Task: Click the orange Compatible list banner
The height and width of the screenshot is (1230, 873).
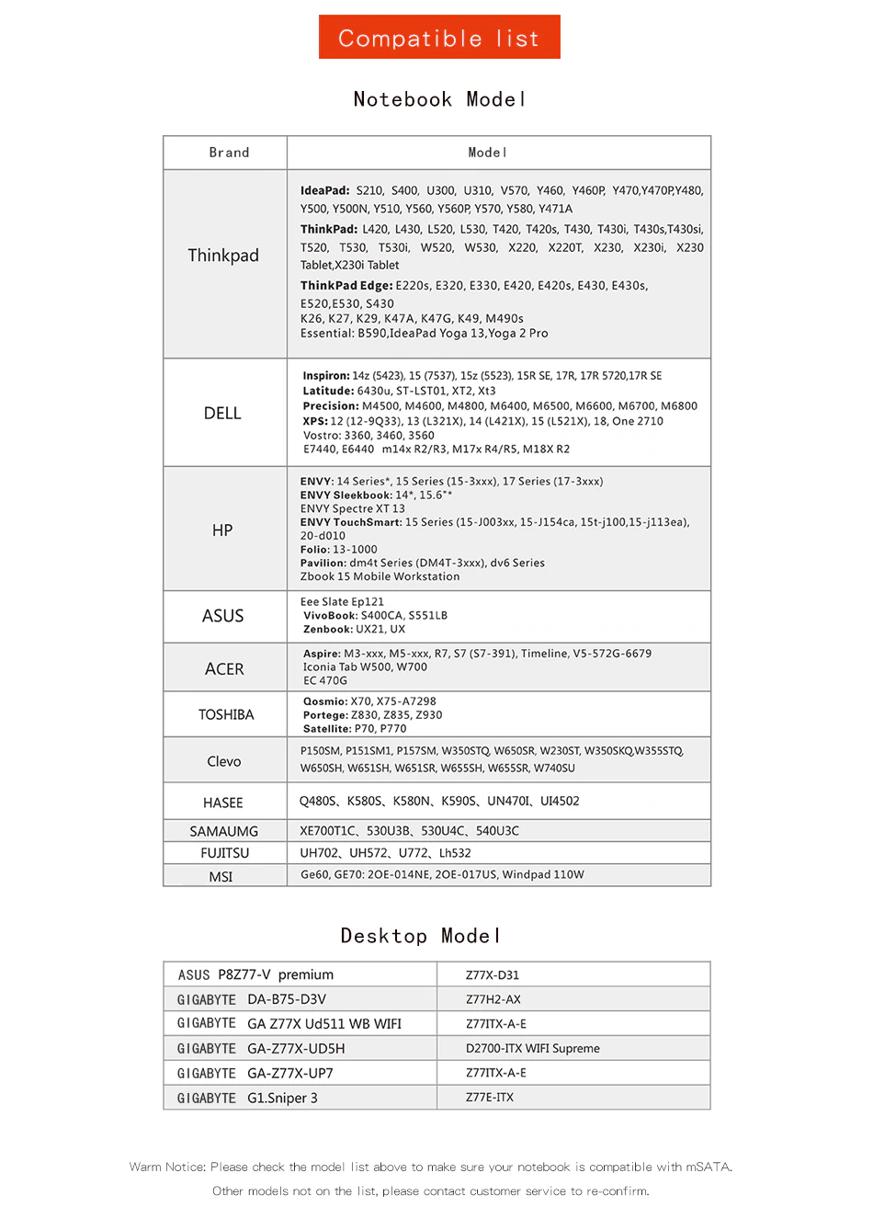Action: coord(439,38)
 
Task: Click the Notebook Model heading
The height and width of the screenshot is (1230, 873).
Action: coord(439,99)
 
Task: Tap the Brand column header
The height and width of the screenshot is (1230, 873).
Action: coord(229,153)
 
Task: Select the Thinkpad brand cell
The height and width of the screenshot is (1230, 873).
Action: coord(223,256)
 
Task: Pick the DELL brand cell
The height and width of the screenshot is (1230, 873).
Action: coord(222,414)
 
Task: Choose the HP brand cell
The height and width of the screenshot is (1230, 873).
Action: coord(222,530)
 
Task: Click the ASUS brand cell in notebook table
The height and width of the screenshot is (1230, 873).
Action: coord(223,616)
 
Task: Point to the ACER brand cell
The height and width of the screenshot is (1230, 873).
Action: coord(224,669)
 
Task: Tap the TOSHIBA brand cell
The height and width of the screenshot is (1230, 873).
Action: coord(226,714)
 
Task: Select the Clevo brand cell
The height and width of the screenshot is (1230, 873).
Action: coord(224,761)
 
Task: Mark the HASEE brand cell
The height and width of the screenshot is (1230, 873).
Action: coord(223,803)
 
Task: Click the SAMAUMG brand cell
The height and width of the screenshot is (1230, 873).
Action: coord(224,831)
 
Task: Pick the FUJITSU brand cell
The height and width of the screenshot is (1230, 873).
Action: coord(225,853)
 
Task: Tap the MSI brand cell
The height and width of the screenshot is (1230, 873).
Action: coord(221,876)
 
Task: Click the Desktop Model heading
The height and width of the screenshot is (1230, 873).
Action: coord(421,936)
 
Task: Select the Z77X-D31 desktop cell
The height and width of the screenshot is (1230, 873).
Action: coord(493,975)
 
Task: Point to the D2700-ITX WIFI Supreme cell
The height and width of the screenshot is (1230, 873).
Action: coord(533,1048)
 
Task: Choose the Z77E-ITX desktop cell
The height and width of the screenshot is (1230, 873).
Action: coord(490,1098)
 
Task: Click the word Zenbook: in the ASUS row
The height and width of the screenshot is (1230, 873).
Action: coord(328,630)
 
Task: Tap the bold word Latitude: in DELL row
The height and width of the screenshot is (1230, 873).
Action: coord(328,391)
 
